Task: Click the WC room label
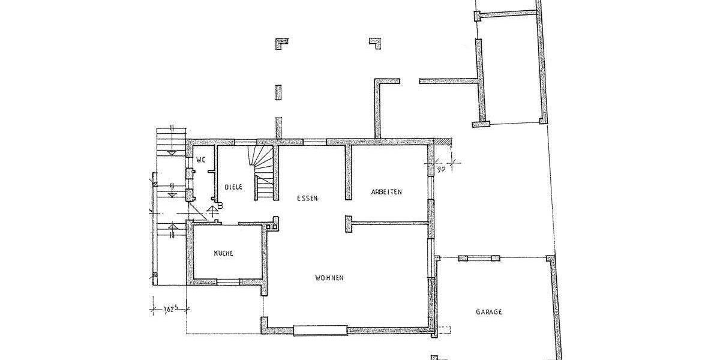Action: pos(200,160)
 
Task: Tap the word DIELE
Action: pos(233,187)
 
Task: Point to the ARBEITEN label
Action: pos(386,192)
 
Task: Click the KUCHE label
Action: pos(223,254)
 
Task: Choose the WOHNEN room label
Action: pos(329,278)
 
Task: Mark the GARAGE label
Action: pos(489,312)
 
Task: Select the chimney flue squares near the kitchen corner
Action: pos(274,223)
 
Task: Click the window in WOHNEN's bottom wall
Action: pos(320,329)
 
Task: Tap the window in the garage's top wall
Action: pos(479,258)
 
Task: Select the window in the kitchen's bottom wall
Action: pos(228,281)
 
